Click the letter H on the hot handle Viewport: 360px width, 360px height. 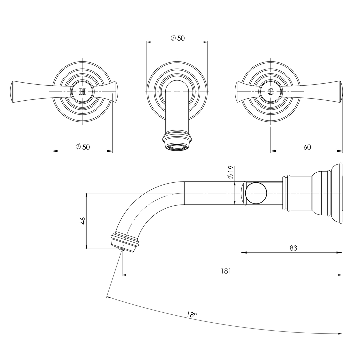[x=82, y=92]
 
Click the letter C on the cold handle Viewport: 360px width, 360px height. [x=271, y=91]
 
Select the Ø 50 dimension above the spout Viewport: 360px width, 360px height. [x=177, y=38]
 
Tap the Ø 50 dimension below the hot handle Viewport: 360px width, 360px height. [x=83, y=147]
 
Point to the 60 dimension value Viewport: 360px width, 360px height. [x=307, y=147]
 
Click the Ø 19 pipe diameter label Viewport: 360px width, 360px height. [x=231, y=172]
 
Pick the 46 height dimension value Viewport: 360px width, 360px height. [x=83, y=220]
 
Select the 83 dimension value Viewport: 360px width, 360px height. [x=293, y=248]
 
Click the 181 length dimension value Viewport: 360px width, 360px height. [x=226, y=271]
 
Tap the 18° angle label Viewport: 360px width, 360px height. [x=192, y=314]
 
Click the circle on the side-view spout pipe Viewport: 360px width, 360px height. [x=256, y=193]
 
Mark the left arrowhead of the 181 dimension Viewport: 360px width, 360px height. [x=124, y=275]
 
